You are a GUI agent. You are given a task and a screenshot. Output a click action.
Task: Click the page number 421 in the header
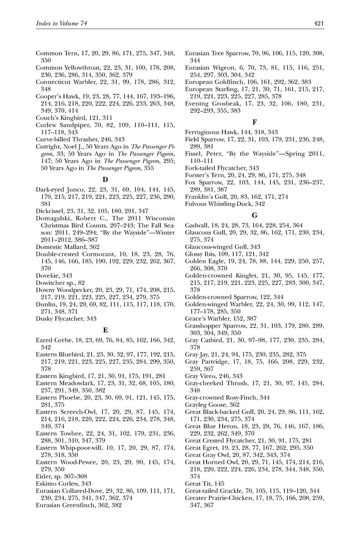click(319, 24)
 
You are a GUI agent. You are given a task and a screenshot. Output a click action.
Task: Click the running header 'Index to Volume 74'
click(61, 24)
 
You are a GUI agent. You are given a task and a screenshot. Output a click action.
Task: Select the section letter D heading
click(105, 180)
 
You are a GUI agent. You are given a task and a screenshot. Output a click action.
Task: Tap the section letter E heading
click(105, 330)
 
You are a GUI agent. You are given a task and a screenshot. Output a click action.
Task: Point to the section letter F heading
click(255, 122)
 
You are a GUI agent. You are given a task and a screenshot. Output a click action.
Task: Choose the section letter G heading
click(255, 215)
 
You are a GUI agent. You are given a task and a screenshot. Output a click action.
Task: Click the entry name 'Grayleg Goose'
click(203, 405)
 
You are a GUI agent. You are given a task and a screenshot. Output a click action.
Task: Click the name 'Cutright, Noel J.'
click(58, 146)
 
